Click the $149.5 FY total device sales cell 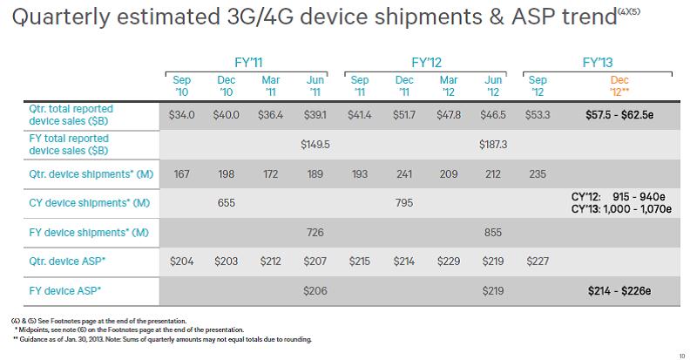point(316,145)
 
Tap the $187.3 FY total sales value point(493,145)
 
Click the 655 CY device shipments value point(226,204)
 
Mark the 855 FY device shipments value point(493,234)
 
